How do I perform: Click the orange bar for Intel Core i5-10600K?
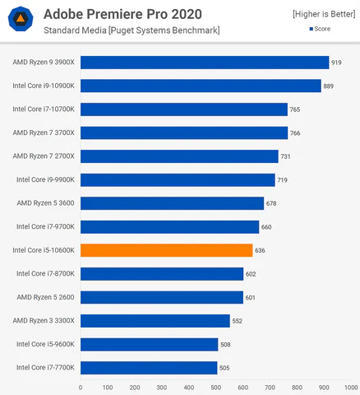click(x=166, y=250)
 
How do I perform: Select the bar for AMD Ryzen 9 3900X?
click(x=205, y=63)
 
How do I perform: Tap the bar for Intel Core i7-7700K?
click(x=149, y=368)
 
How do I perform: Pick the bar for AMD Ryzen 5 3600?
click(x=172, y=203)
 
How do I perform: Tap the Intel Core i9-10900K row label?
click(x=43, y=86)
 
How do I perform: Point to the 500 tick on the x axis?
click(x=215, y=386)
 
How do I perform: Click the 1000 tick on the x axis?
click(x=350, y=386)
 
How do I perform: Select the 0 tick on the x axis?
click(x=81, y=386)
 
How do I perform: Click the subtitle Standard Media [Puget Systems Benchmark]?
click(x=132, y=30)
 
